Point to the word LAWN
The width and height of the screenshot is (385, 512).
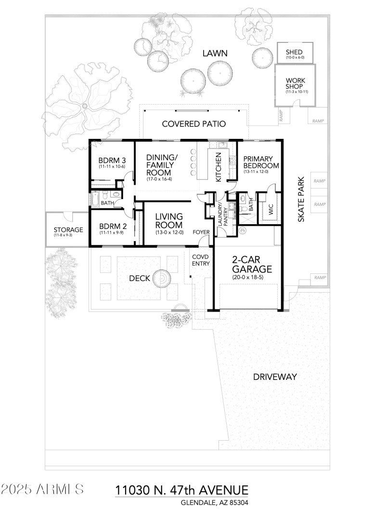(x=215, y=53)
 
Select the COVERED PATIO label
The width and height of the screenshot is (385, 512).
(x=193, y=124)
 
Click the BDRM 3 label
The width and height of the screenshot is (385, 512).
(x=112, y=161)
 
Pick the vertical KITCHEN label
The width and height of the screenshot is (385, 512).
(x=218, y=167)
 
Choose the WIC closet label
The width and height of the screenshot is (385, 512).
(x=269, y=207)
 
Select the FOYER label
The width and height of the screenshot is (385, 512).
(x=201, y=232)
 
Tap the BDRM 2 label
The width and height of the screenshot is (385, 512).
(x=112, y=226)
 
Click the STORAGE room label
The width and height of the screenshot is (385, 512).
(x=68, y=229)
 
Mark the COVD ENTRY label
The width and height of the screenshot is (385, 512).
(x=200, y=260)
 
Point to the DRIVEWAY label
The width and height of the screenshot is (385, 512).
(x=275, y=377)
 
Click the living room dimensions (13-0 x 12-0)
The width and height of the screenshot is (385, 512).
(x=168, y=232)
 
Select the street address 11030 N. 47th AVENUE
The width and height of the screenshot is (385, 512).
(x=182, y=490)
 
